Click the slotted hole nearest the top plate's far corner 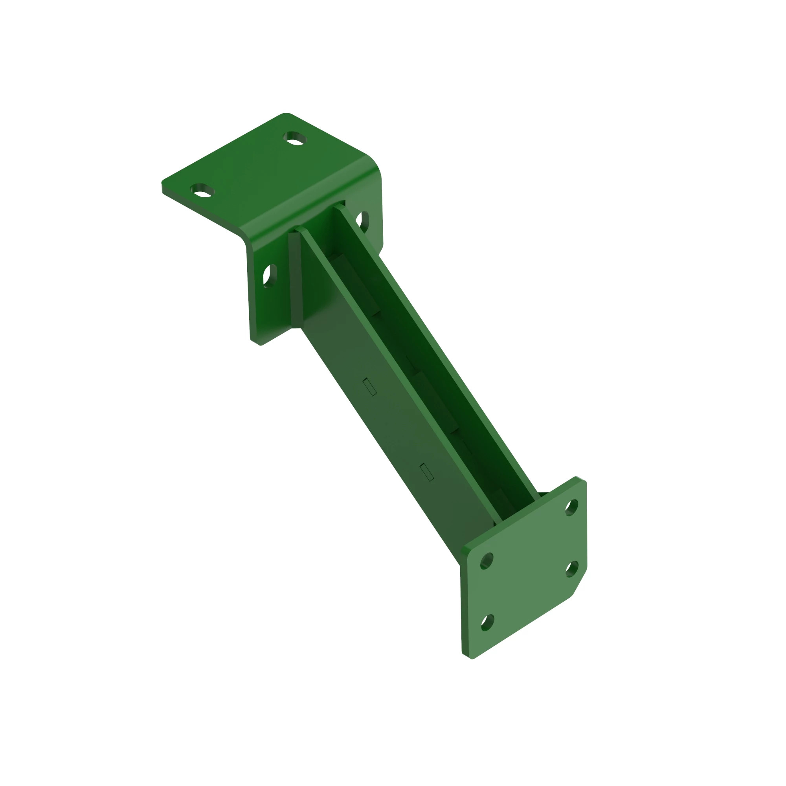tap(296, 138)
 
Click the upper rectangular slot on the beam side tap(369, 386)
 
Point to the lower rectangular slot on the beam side tap(426, 472)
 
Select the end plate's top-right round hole tap(571, 507)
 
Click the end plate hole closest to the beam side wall tap(487, 561)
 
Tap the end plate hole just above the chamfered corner tap(572, 569)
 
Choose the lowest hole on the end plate tap(487, 623)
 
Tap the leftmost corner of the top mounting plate tap(163, 183)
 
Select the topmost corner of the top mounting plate tap(286, 114)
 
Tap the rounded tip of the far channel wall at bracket tap(337, 206)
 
